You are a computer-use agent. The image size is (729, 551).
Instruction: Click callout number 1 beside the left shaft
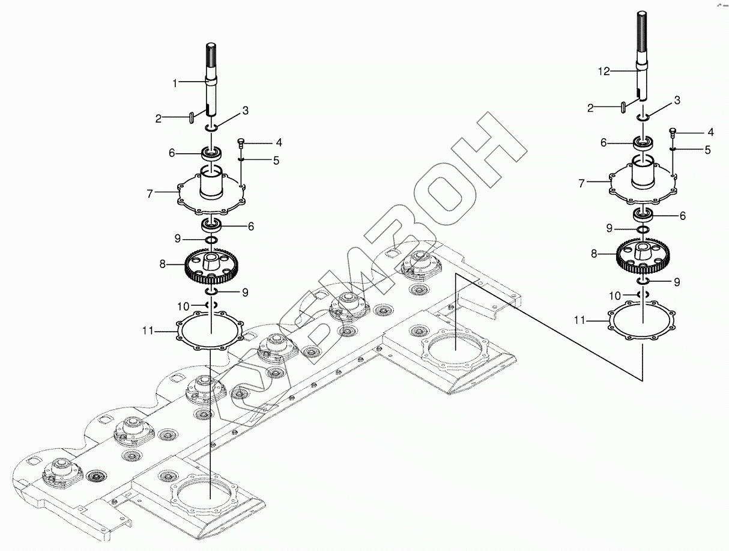175,84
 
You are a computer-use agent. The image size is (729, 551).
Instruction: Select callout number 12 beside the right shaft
603,72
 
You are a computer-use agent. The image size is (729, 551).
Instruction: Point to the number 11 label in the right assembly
579,321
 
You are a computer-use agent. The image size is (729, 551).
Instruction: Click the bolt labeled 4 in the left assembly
241,142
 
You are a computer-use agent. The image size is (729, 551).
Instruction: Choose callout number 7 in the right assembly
581,183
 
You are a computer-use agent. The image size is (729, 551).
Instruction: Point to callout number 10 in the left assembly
183,306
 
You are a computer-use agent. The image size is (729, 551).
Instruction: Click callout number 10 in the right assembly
614,296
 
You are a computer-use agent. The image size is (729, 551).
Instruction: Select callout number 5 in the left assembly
276,160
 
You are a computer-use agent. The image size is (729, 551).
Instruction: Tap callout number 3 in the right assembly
677,100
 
